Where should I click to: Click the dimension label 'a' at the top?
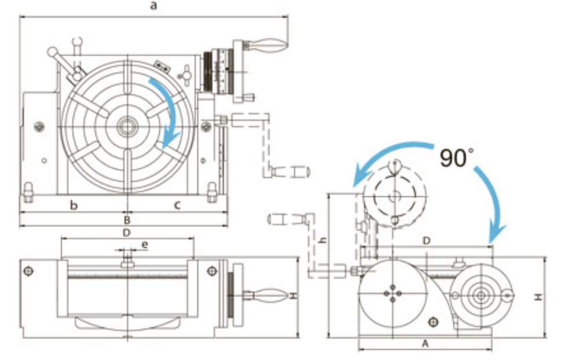point(153,6)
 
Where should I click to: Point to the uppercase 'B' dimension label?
point(127,220)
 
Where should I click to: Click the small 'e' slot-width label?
point(145,245)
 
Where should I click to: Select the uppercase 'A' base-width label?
point(424,343)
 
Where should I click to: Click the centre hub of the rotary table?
point(126,126)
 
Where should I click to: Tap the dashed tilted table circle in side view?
point(394,196)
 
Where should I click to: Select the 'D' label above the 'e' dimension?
point(126,233)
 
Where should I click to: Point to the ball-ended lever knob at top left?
point(52,52)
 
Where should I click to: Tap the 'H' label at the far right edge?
point(538,297)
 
